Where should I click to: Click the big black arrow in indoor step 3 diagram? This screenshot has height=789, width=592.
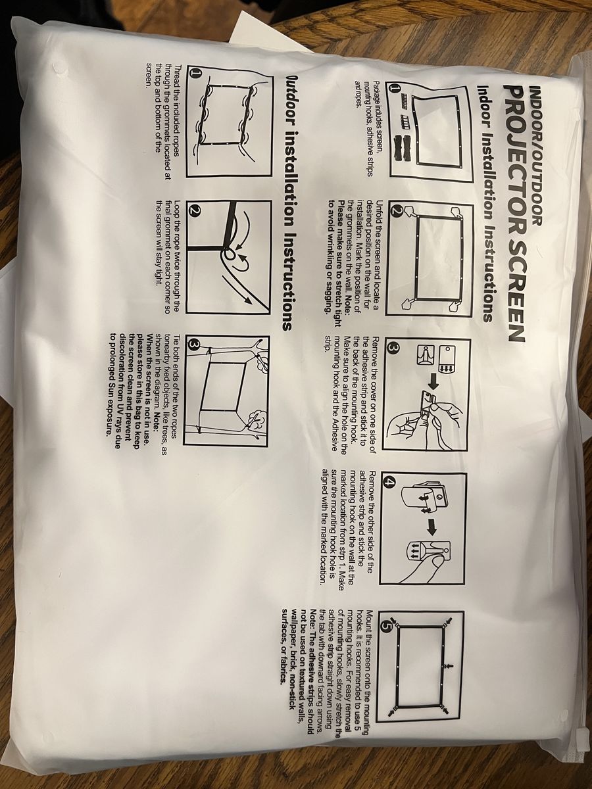click(433, 384)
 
